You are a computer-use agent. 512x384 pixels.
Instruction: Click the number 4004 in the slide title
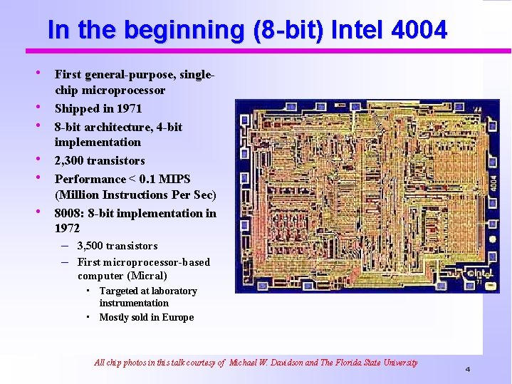click(420, 31)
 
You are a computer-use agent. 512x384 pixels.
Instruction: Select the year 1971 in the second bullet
click(129, 108)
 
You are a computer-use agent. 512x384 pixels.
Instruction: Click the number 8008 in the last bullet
click(69, 213)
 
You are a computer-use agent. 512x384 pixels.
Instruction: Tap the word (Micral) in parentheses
click(147, 276)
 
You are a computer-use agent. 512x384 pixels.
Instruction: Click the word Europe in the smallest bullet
click(178, 318)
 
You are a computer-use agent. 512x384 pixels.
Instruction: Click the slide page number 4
click(468, 369)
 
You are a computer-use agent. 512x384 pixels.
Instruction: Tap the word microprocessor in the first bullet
click(125, 90)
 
